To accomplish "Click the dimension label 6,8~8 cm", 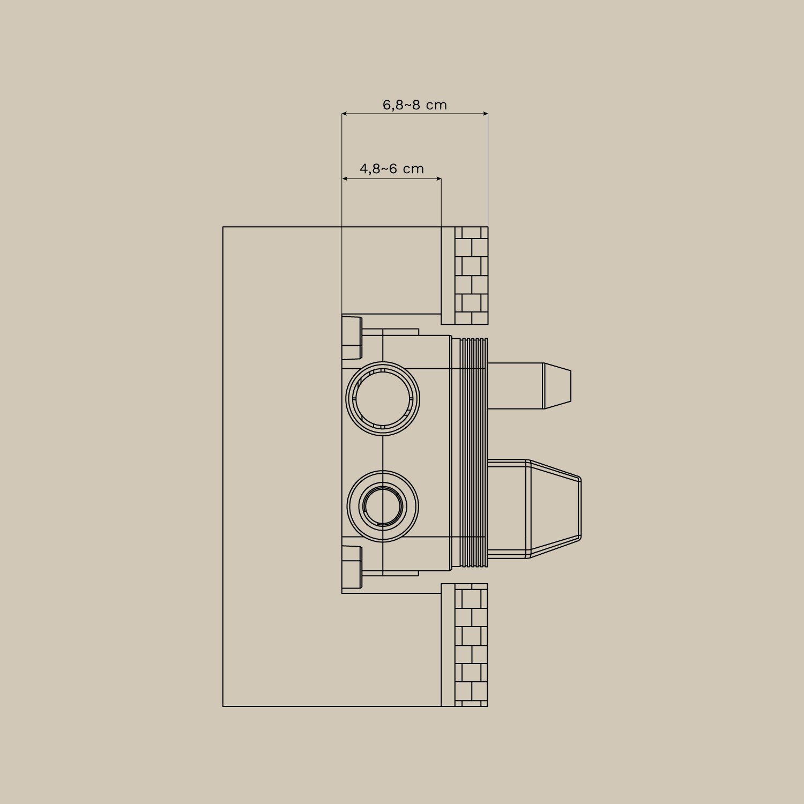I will (414, 105).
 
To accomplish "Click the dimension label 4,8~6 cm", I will (391, 169).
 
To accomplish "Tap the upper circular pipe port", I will (383, 399).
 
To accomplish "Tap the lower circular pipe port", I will (383, 506).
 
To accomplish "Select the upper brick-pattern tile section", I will (471, 276).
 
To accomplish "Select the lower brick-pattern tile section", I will (471, 645).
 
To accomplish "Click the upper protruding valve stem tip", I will (557, 386).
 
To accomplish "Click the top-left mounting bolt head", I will (352, 338).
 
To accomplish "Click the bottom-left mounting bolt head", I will (352, 567).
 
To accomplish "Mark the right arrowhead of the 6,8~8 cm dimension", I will (485, 114).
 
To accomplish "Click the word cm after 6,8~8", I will (436, 105).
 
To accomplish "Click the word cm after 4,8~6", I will (413, 169).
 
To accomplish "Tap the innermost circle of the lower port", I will (383, 506).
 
